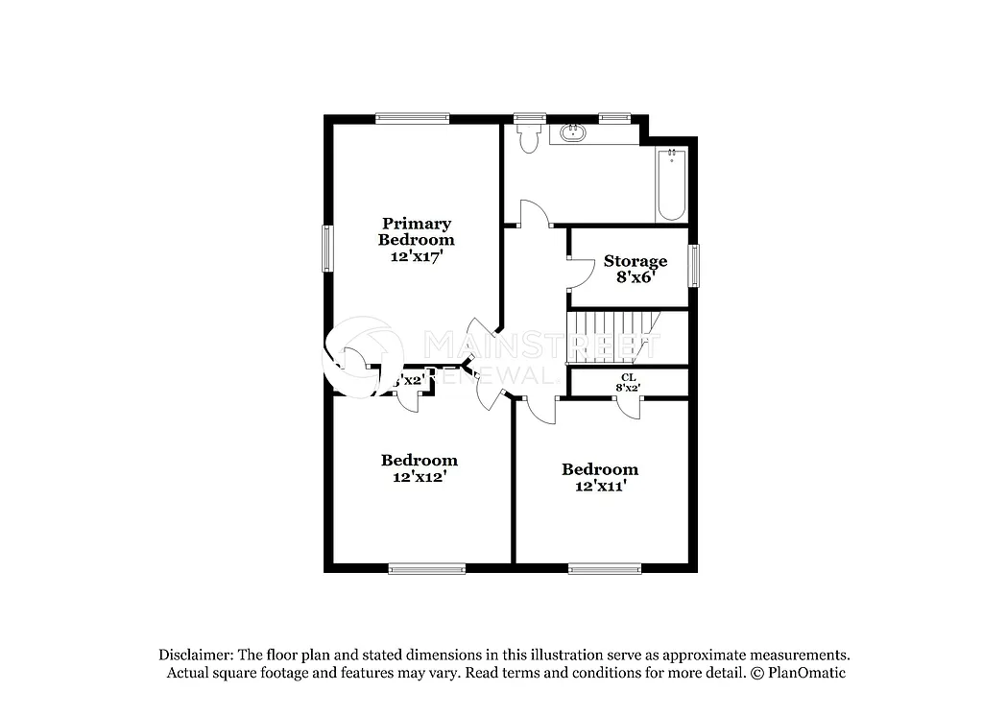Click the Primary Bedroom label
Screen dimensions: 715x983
point(416,231)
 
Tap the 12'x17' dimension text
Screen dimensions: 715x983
point(416,256)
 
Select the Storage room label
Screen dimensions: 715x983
point(635,261)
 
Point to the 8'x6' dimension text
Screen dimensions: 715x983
point(635,277)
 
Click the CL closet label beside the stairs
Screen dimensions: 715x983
point(628,377)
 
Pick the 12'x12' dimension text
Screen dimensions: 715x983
point(419,475)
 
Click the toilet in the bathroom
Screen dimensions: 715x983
point(528,139)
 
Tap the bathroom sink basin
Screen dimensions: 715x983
point(573,131)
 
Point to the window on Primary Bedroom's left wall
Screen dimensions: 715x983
point(327,248)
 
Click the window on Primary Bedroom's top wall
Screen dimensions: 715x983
point(412,119)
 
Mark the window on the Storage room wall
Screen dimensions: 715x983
point(693,265)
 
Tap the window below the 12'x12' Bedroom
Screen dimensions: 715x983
point(426,568)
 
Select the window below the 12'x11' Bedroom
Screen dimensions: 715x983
point(604,568)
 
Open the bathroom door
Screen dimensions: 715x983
point(534,214)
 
